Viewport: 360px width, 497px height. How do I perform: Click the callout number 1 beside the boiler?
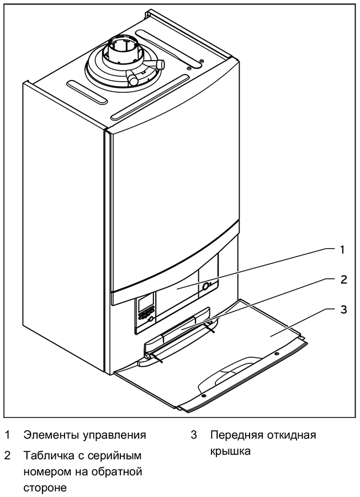[x=342, y=250]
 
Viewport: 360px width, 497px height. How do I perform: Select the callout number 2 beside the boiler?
[x=342, y=279]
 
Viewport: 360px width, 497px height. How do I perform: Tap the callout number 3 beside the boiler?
[x=342, y=309]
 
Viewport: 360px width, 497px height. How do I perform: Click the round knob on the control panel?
[x=207, y=287]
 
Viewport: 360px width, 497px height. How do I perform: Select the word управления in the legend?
[x=110, y=435]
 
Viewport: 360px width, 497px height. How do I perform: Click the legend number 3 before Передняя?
[x=194, y=435]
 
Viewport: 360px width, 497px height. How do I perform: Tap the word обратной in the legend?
[x=118, y=472]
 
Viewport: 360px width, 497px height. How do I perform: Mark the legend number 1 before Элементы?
[x=7, y=435]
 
